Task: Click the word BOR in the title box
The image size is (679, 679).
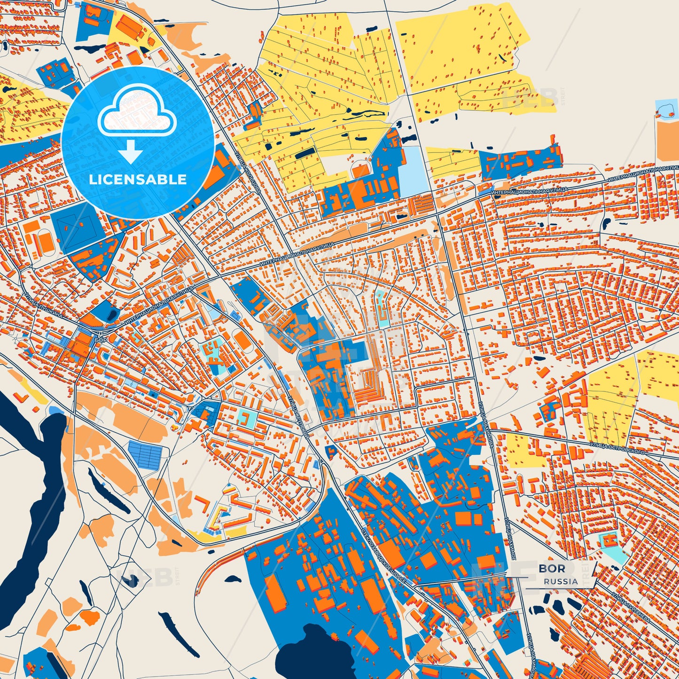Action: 552,568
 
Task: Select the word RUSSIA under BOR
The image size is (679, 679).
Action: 561,581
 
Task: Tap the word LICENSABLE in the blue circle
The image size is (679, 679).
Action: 138,180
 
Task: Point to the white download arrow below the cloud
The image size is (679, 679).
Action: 130,151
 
